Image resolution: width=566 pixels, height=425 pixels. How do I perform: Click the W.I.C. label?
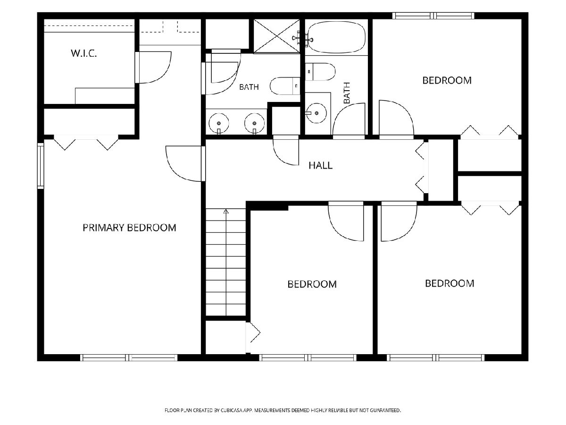click(x=84, y=53)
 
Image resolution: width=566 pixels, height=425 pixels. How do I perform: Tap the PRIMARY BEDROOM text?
click(x=129, y=228)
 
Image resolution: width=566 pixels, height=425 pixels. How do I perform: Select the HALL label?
click(x=321, y=165)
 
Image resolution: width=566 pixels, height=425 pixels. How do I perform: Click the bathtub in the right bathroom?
click(x=337, y=38)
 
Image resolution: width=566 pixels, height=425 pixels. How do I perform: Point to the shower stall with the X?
click(x=277, y=36)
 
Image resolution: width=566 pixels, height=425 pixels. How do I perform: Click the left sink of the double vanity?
click(x=219, y=123)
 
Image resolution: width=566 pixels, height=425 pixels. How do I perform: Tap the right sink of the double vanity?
click(x=255, y=123)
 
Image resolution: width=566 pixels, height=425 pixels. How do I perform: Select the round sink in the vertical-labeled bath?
click(x=316, y=113)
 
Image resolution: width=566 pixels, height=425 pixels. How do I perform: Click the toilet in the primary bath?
click(x=285, y=86)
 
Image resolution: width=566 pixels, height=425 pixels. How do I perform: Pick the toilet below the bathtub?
click(x=320, y=72)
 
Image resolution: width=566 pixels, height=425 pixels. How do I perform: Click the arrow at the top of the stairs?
click(x=226, y=212)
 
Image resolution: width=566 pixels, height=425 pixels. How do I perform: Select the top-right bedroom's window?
click(x=433, y=16)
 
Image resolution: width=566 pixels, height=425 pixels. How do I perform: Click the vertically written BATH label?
click(x=347, y=93)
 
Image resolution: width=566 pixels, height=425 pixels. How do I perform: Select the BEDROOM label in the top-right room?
click(x=447, y=80)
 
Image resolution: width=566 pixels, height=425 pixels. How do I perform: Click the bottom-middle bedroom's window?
click(x=308, y=357)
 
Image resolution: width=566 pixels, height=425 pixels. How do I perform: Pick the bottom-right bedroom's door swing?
click(x=399, y=221)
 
